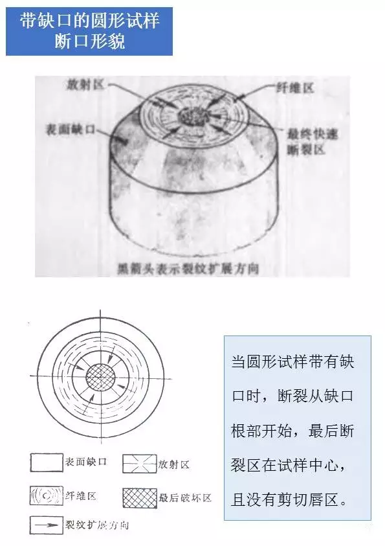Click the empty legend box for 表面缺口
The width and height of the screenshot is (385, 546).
click(x=45, y=462)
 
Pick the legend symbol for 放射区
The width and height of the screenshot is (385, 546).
click(x=139, y=464)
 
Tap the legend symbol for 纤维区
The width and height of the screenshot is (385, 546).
click(x=45, y=496)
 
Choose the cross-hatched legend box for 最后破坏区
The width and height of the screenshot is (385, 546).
click(x=139, y=497)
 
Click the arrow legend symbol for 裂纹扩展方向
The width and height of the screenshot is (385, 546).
click(x=45, y=524)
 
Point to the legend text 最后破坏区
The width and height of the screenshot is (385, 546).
click(x=185, y=497)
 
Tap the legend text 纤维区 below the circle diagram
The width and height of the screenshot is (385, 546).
click(x=81, y=496)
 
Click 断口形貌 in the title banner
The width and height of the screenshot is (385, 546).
click(x=89, y=42)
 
